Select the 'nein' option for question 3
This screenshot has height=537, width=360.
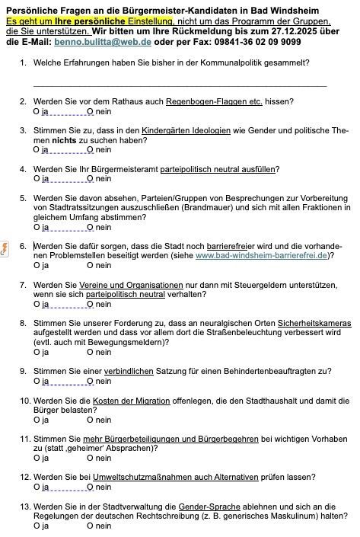click(91, 150)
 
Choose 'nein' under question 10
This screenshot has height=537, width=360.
click(91, 420)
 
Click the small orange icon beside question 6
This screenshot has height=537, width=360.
click(7, 246)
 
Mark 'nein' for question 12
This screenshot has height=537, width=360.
click(91, 487)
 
